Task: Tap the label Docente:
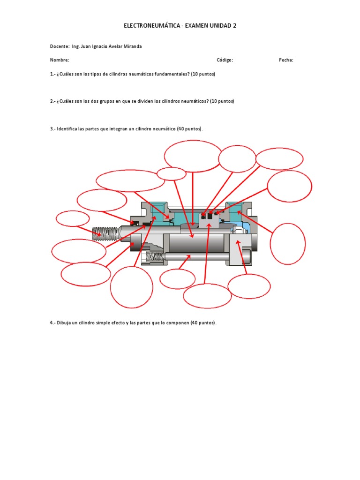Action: tap(60, 46)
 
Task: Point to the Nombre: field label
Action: tap(60, 60)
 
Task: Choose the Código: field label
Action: tap(225, 60)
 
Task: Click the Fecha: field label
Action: tap(286, 60)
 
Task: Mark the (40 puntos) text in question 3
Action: tap(190, 128)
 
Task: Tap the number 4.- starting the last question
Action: tap(53, 323)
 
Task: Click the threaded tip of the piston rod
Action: tap(104, 233)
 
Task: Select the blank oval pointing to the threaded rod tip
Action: tap(73, 218)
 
